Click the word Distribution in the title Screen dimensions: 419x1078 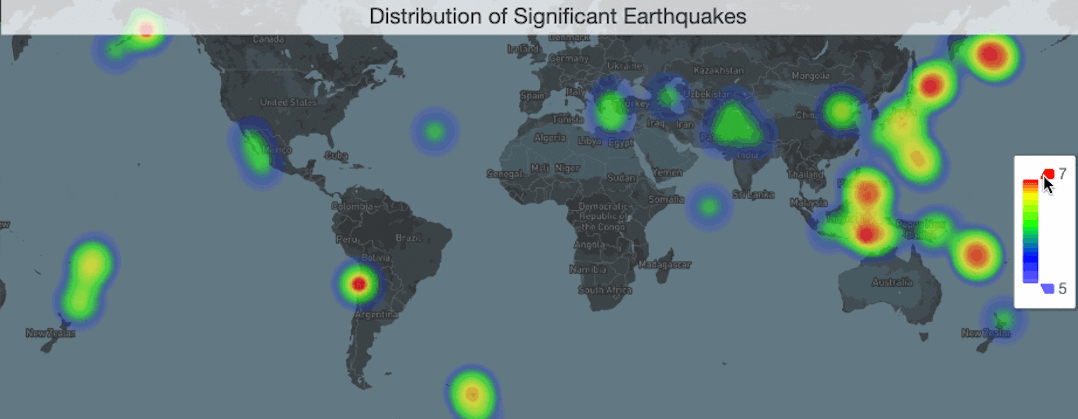tap(420, 16)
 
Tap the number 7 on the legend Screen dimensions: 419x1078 tap(1063, 174)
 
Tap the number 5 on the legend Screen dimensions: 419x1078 tap(1063, 289)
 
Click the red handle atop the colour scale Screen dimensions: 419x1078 tap(1048, 174)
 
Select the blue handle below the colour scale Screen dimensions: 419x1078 tap(1046, 288)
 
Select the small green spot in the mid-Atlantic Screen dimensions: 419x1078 tap(434, 131)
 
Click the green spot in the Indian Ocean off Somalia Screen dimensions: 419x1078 tap(708, 207)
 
